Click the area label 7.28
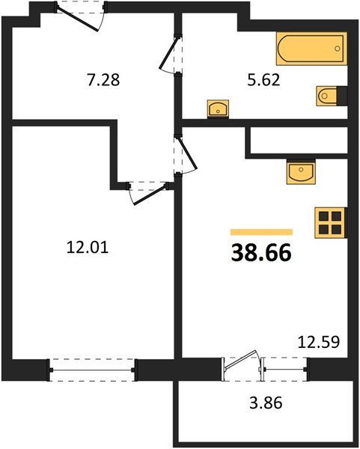click(103, 79)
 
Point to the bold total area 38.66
click(261, 253)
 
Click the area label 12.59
click(319, 343)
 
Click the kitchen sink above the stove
click(303, 173)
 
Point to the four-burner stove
click(329, 222)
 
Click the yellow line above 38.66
click(261, 232)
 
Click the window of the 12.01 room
click(93, 367)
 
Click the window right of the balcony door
click(286, 367)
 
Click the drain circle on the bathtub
click(338, 50)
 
